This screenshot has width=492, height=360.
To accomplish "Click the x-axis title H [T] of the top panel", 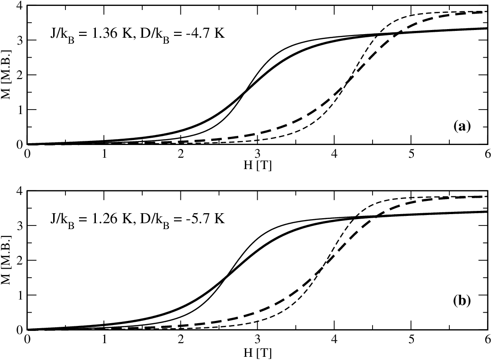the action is (x=258, y=166).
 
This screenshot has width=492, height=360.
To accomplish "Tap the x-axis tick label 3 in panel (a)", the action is (x=258, y=155).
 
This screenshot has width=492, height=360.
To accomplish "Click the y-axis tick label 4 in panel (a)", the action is (x=20, y=5).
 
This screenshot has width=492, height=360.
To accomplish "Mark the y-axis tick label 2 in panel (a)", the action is (x=20, y=75).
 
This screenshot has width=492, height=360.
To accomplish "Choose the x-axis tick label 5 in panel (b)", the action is (x=411, y=340).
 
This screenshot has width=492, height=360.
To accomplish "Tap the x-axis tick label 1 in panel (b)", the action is (x=104, y=340).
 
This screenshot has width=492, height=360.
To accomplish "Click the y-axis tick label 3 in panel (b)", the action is (x=20, y=225).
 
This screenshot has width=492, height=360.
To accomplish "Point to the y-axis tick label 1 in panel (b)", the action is (x=20, y=295).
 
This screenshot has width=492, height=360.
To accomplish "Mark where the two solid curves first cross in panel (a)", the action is (x=244, y=92).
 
